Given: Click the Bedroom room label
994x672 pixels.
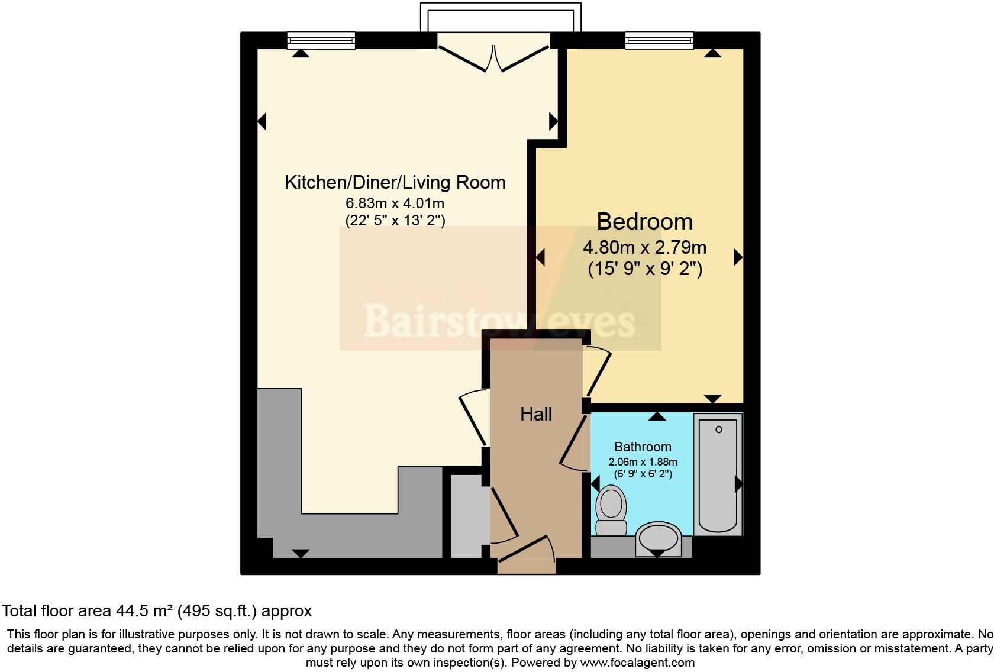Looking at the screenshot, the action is tap(644, 221).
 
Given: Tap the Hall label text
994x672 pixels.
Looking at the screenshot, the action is tap(536, 414).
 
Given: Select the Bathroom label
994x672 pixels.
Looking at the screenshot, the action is tap(643, 447).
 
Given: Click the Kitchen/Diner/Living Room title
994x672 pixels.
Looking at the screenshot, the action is tap(395, 182).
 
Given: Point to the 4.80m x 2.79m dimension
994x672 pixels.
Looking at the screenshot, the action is tap(645, 247).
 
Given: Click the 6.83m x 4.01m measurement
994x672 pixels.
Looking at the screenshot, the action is tap(395, 203).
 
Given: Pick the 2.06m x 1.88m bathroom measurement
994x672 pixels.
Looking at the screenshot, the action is tap(643, 462).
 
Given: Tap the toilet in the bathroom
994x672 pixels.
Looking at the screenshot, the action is tap(611, 510).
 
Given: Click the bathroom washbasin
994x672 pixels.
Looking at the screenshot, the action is tap(659, 539).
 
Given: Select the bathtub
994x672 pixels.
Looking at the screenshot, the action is tap(718, 474).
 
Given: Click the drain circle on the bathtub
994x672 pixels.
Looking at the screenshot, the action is tap(719, 429).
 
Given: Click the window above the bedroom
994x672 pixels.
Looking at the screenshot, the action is tap(659, 41).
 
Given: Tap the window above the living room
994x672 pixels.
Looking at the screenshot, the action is tap(321, 41).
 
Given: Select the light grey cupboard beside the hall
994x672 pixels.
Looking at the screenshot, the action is tap(466, 516).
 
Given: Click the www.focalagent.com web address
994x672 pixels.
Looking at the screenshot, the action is tap(637, 663).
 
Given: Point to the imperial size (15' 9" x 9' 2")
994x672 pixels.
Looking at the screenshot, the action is tap(645, 269).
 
